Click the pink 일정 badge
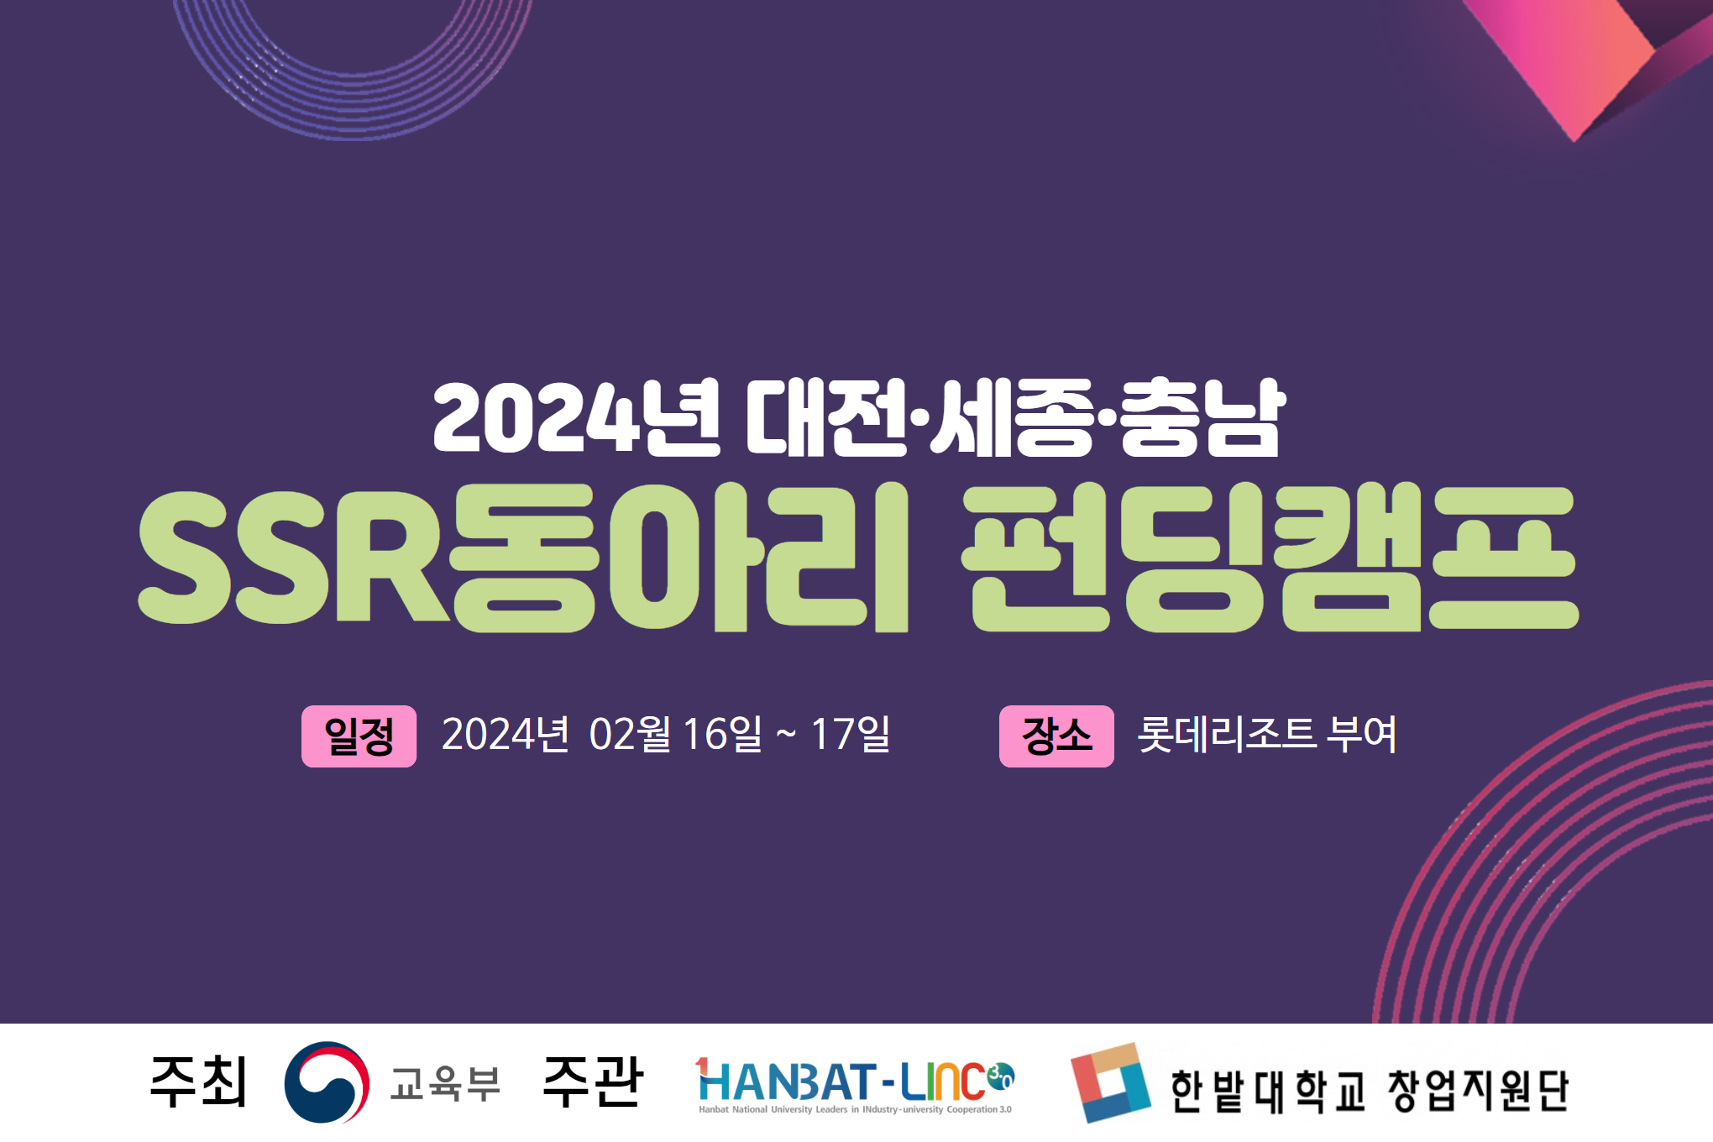point(359,736)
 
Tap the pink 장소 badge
point(1056,736)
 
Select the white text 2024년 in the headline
point(576,417)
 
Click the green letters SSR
point(293,557)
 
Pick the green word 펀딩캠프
point(1270,557)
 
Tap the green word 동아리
point(679,557)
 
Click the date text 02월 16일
point(676,735)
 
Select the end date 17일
point(850,735)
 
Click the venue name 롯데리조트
point(1226,735)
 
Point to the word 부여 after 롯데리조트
point(1361,735)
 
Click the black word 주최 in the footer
point(198,1082)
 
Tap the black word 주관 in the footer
point(593,1082)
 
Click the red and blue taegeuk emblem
point(327,1082)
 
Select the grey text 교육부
point(445,1083)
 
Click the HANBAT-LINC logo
point(855,1085)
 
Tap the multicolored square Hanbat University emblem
point(1111,1083)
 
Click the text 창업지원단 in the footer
point(1478,1091)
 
